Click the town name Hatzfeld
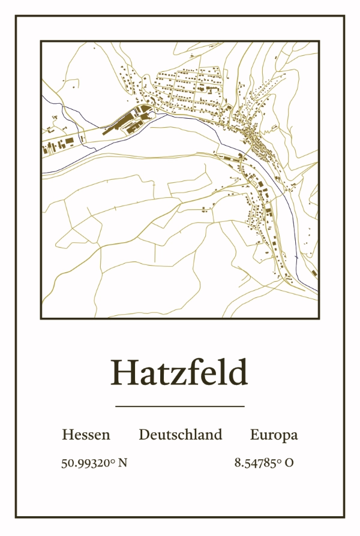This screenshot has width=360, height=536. tap(179, 373)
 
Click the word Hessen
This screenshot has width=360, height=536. tap(86, 435)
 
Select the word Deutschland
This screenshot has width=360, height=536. tap(180, 435)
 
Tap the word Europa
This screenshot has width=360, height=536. tap(274, 435)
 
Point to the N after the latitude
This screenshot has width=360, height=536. tap(123, 463)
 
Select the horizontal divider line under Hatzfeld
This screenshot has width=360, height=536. tap(179, 406)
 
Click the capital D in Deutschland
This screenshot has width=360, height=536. tap(144, 435)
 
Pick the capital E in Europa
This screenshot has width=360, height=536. tap(254, 435)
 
